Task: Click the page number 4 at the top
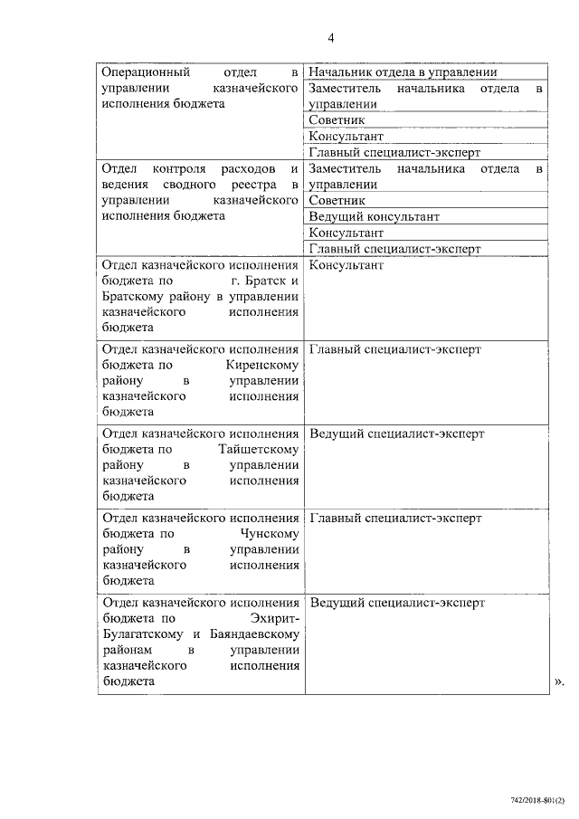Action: [331, 37]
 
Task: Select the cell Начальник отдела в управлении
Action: [403, 71]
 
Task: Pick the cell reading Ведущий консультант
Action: [374, 216]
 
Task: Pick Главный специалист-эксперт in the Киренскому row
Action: [395, 349]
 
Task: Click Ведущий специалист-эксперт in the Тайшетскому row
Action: [396, 433]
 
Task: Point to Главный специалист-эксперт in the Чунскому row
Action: [395, 518]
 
